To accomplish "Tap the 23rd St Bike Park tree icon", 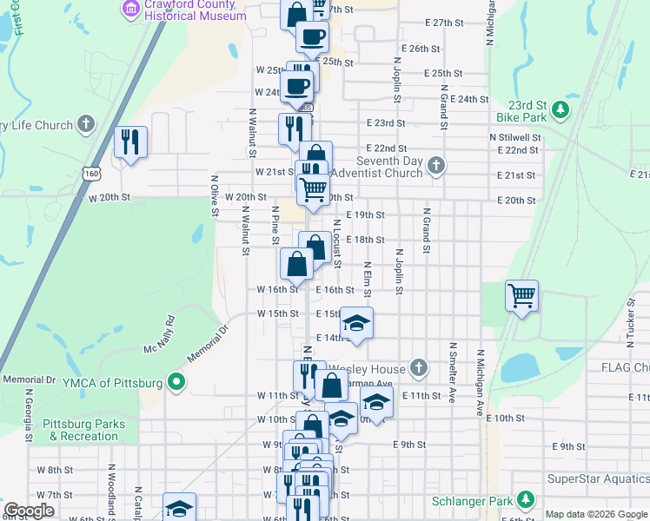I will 561,109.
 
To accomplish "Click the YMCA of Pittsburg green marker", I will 176,382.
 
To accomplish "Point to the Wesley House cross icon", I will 419,368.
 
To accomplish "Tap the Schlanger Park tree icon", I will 525,500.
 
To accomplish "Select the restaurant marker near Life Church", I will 130,142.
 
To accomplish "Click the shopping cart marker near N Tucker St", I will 521,296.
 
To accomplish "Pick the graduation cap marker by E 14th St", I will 356,323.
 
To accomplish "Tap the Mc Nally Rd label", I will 160,335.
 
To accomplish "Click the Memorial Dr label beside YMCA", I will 30,380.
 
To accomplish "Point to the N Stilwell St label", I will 515,137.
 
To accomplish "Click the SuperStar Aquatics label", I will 597,479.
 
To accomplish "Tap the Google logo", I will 29,511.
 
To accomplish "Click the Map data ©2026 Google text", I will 595,514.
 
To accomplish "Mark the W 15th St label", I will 277,313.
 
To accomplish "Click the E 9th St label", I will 408,445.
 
